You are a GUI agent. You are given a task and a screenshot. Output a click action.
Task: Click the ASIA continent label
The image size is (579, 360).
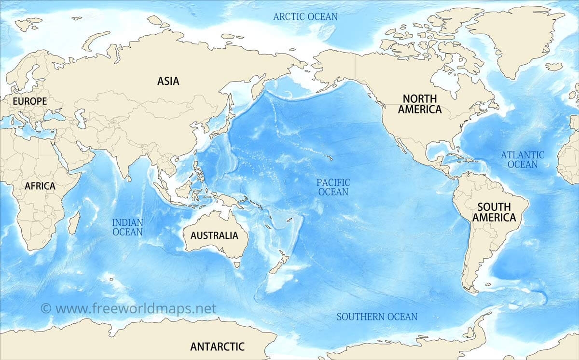(x=168, y=81)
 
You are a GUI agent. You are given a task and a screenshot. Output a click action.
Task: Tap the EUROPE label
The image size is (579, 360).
(x=30, y=101)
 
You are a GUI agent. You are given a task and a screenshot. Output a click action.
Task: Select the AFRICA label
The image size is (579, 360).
(x=40, y=186)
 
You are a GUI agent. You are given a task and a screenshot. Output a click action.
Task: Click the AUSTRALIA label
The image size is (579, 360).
(x=214, y=235)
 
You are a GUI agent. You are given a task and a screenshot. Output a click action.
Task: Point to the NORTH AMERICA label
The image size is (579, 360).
(x=419, y=104)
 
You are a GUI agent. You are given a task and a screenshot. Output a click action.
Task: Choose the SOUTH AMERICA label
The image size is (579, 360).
(x=494, y=212)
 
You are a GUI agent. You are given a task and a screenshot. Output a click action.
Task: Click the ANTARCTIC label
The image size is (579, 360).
(x=217, y=346)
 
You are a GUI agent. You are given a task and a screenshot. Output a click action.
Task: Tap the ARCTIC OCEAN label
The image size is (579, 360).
(x=305, y=16)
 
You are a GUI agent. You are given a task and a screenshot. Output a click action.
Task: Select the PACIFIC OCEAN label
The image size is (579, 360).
(x=333, y=187)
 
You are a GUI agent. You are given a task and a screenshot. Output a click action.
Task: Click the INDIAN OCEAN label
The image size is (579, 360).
(x=127, y=227)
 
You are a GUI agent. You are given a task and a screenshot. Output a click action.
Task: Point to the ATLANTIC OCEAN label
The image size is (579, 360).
(x=522, y=160)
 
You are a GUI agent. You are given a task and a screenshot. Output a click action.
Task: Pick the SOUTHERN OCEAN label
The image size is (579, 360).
(x=377, y=317)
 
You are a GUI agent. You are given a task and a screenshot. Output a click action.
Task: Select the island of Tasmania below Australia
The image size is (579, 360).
(x=236, y=263)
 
